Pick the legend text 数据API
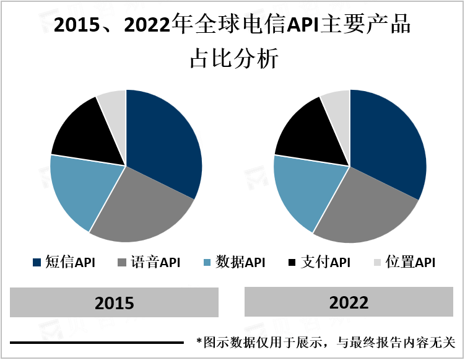pos(240,263)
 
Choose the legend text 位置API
pos(410,263)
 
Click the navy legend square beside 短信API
pos(36,263)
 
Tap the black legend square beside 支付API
pos(292,263)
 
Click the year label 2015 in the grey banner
pos(115,303)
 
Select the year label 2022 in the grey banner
pos(349,302)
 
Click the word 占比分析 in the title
pos(233,59)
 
